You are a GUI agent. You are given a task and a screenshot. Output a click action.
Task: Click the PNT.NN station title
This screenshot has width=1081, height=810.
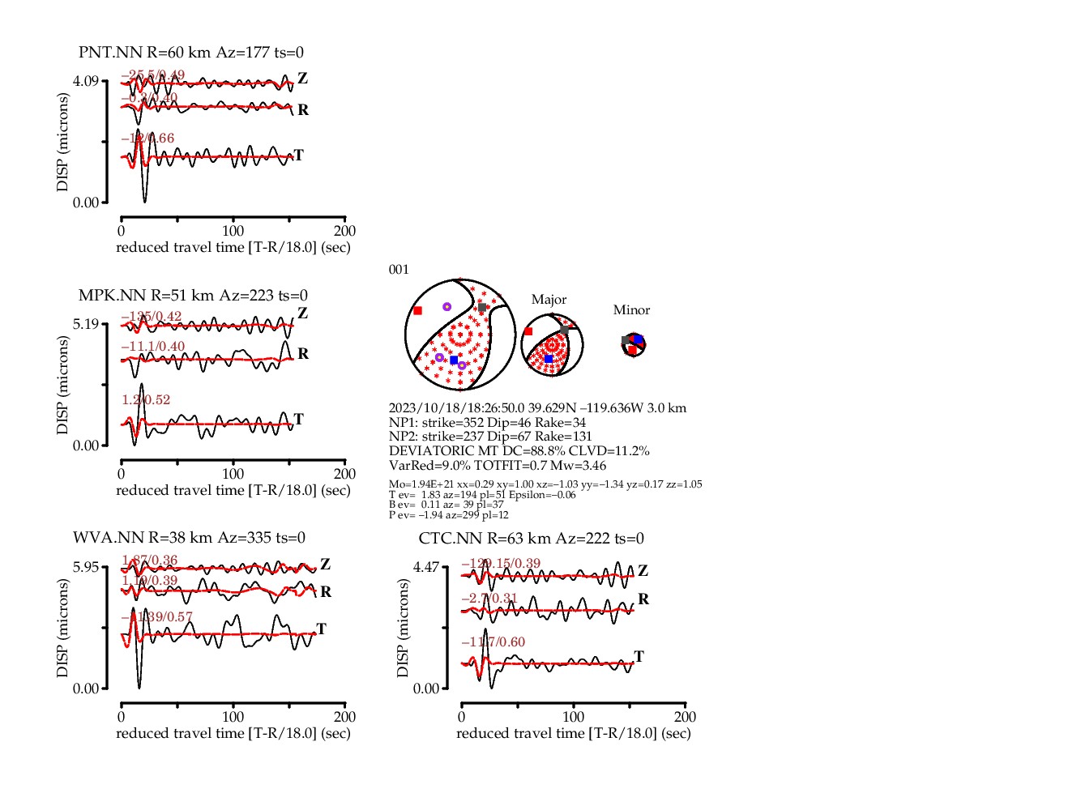[x=191, y=53]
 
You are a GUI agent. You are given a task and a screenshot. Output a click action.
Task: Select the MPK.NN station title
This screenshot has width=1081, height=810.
[x=193, y=296]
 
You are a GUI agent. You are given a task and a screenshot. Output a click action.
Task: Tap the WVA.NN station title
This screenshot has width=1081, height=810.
[x=189, y=538]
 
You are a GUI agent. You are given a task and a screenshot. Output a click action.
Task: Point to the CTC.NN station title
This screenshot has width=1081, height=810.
[x=531, y=539]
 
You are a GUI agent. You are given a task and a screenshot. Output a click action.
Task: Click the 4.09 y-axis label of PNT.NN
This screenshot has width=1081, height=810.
[x=85, y=81]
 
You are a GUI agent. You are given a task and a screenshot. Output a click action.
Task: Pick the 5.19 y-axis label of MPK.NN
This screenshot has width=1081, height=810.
[x=85, y=324]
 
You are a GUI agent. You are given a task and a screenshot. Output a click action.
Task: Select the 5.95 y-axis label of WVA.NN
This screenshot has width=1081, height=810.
[x=85, y=567]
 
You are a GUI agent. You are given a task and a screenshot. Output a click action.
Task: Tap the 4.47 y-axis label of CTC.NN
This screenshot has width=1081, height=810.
[x=425, y=567]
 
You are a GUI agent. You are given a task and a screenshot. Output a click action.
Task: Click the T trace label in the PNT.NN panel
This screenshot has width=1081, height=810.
[x=298, y=156]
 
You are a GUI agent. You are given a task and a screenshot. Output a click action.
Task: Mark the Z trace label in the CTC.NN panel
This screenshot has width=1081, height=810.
[x=643, y=571]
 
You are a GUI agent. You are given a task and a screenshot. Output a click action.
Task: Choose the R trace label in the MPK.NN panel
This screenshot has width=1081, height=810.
[x=303, y=354]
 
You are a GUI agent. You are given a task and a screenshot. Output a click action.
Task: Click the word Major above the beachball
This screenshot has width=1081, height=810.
[x=549, y=300]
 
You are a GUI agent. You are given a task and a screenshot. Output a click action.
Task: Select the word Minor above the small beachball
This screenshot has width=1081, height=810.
[x=631, y=310]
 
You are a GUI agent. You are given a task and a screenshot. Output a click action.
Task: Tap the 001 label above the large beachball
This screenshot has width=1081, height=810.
[x=399, y=270]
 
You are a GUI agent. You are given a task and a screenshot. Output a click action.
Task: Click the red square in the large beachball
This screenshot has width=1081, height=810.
[x=417, y=311]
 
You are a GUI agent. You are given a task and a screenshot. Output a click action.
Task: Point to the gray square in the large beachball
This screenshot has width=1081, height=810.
[x=482, y=308]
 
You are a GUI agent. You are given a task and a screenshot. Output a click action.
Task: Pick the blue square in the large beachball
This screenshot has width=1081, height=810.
[x=454, y=360]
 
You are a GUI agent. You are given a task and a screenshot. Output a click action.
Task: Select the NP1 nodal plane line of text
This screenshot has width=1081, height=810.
[x=487, y=423]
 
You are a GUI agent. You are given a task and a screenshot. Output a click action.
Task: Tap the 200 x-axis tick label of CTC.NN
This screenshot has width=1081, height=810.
[x=685, y=717]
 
